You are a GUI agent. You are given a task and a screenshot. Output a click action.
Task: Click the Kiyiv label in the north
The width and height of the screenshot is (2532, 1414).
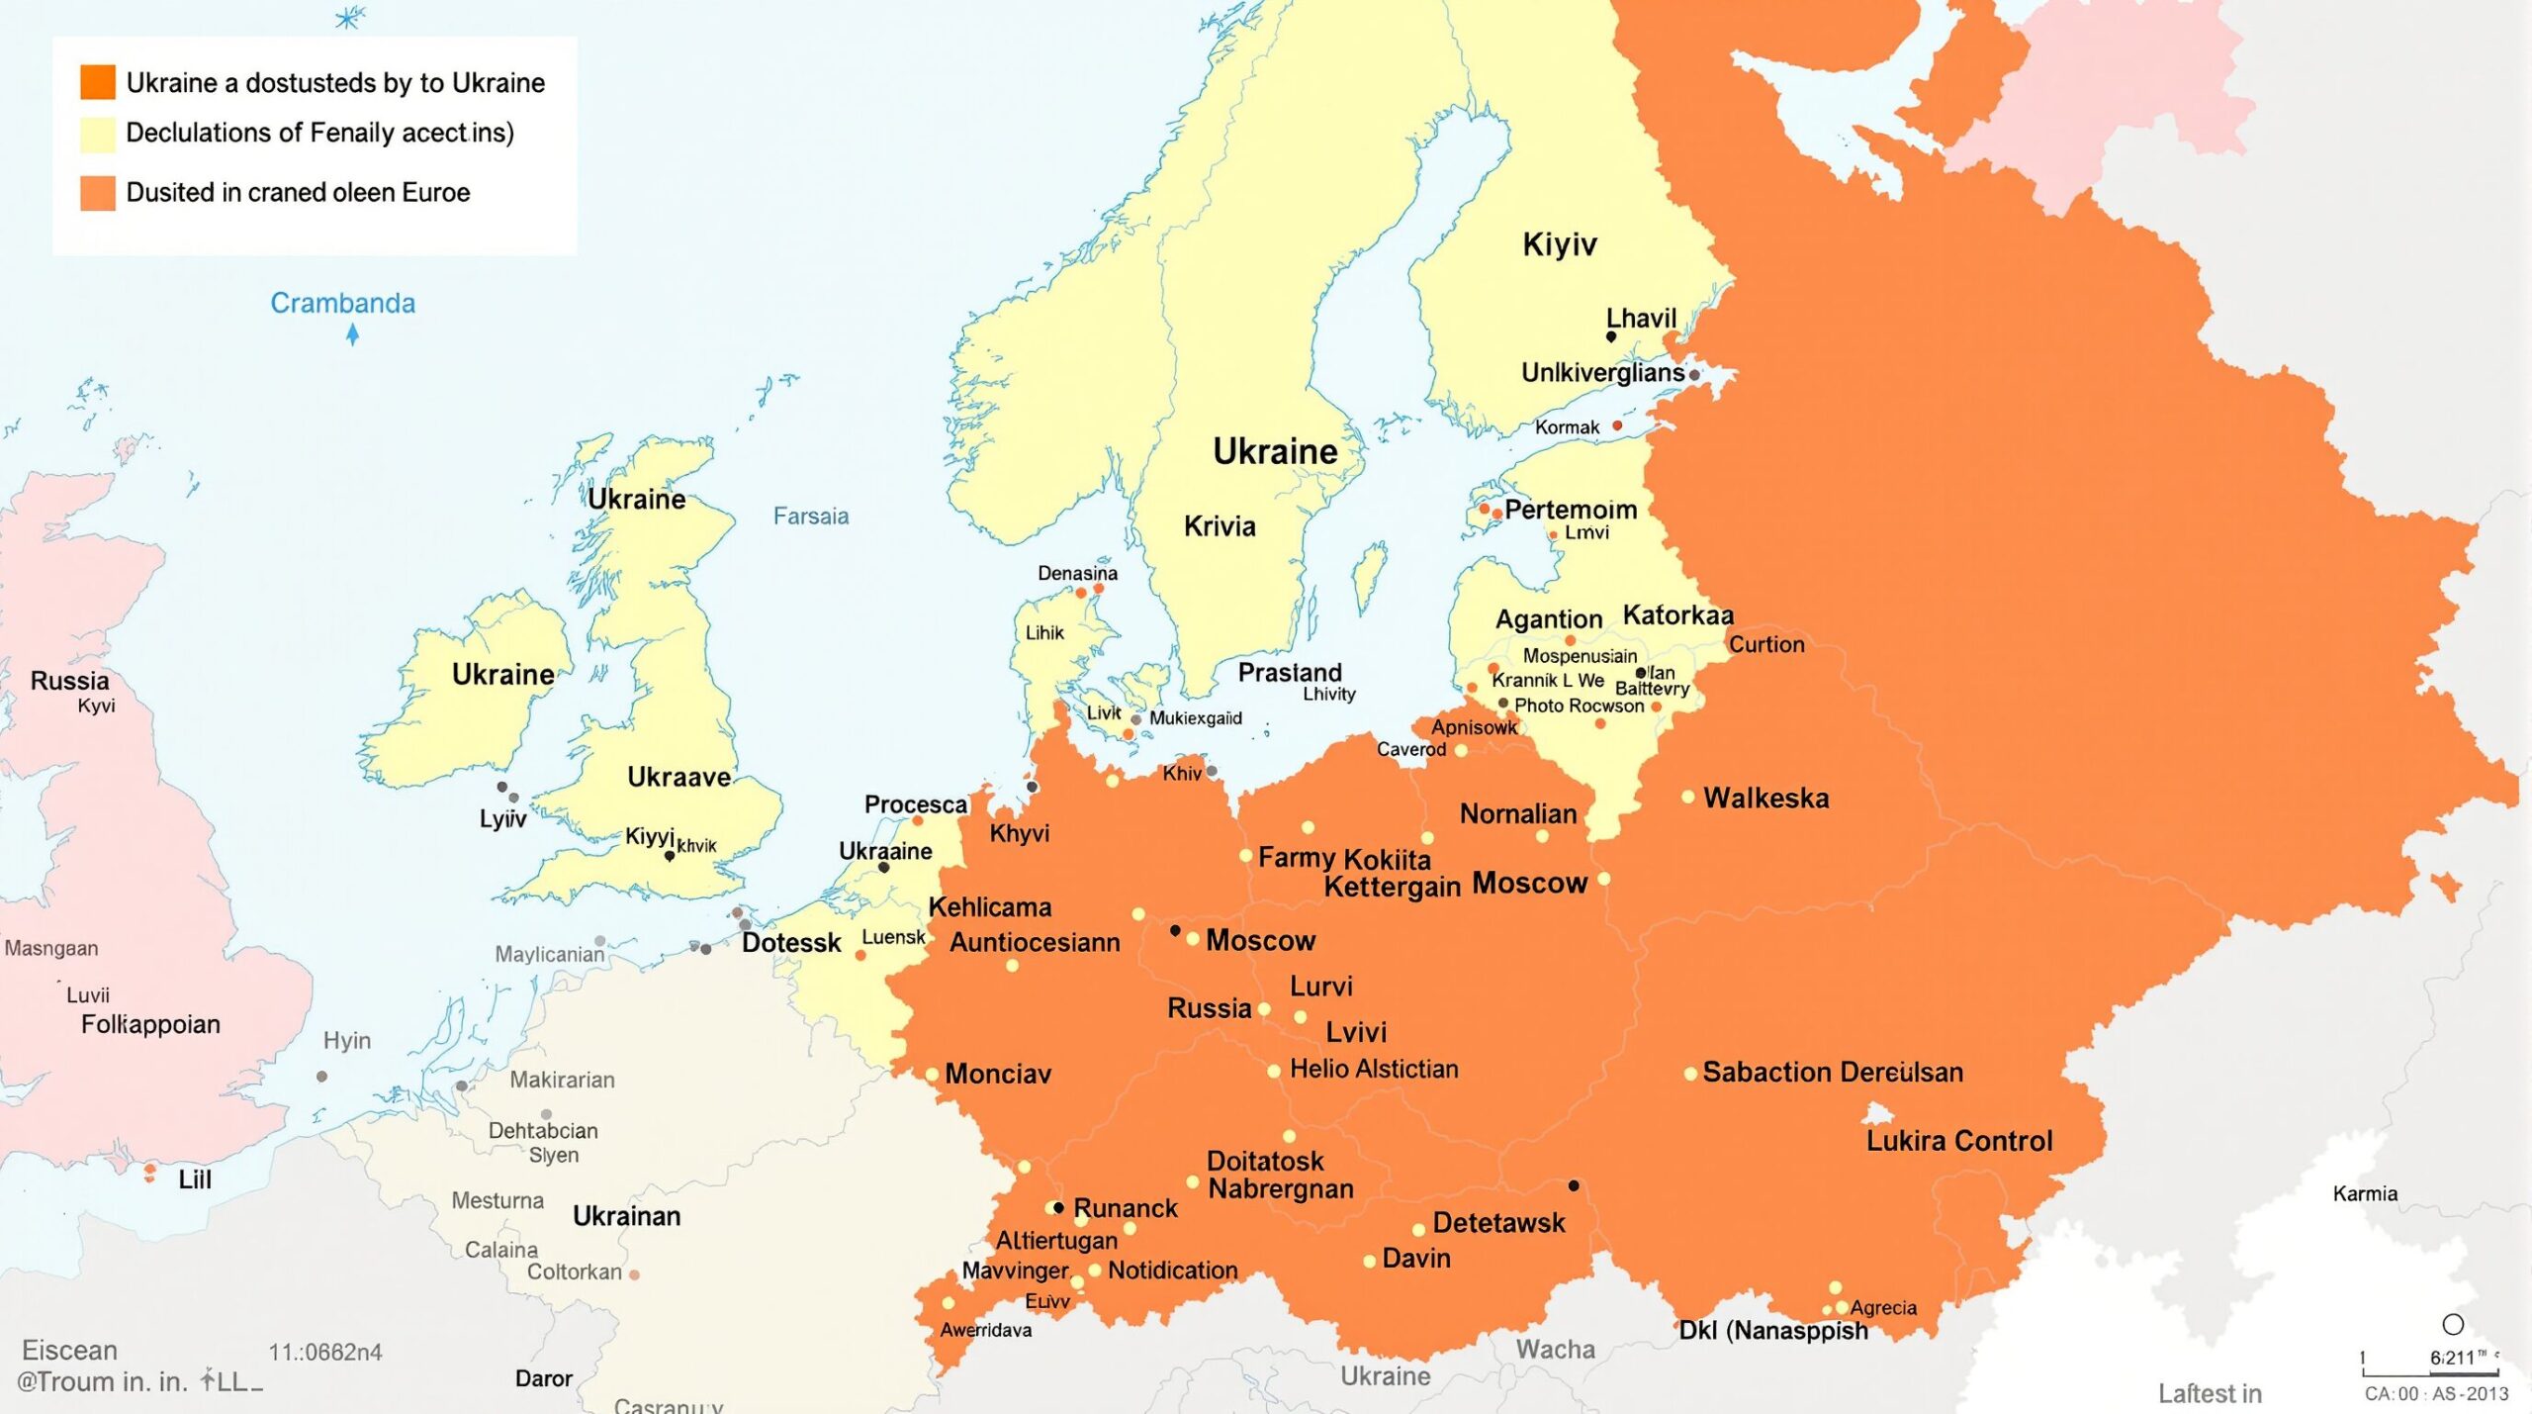coord(1559,244)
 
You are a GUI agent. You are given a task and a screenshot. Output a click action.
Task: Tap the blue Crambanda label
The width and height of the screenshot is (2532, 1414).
coord(342,303)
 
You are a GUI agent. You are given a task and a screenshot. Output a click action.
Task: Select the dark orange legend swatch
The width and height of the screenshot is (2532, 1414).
coord(98,82)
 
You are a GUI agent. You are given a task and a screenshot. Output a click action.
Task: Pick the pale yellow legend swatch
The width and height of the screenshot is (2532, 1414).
coord(98,134)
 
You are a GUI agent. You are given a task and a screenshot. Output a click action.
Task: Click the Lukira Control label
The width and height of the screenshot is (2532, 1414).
coord(1958,1141)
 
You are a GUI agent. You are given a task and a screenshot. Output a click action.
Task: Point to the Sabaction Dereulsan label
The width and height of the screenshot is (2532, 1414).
coord(1832,1072)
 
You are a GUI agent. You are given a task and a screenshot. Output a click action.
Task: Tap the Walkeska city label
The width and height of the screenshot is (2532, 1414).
coord(1765,798)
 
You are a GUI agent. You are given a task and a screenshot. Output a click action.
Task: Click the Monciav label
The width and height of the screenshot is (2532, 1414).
coord(997,1074)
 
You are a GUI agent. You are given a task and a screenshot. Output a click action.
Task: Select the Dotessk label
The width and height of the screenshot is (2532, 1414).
coord(791,942)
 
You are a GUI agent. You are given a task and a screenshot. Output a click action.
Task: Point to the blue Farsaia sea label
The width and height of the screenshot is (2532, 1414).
coord(810,516)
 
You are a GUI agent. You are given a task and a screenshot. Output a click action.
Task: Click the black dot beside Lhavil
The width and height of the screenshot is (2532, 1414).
coord(1611,337)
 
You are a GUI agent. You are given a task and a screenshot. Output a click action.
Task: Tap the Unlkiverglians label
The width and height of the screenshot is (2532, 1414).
coord(1602,373)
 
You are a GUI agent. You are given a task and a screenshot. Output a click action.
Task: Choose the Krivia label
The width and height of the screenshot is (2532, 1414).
coord(1220,526)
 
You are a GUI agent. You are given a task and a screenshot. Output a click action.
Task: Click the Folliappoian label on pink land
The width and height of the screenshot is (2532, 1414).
coord(150,1024)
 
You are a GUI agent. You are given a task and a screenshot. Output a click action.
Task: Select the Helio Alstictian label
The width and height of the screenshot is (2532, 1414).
coord(1373,1069)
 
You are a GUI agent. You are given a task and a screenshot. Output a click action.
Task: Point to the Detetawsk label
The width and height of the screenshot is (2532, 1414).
coord(1498,1223)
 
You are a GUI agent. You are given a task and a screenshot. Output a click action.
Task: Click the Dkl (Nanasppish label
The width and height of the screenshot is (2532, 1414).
coord(1773,1330)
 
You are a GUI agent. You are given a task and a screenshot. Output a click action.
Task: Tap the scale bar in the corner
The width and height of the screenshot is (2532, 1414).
coord(2430,1372)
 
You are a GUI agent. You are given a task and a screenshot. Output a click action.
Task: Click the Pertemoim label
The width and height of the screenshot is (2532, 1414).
coord(1571,510)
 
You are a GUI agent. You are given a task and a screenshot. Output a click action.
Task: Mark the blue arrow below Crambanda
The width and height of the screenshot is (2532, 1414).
coord(353,335)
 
